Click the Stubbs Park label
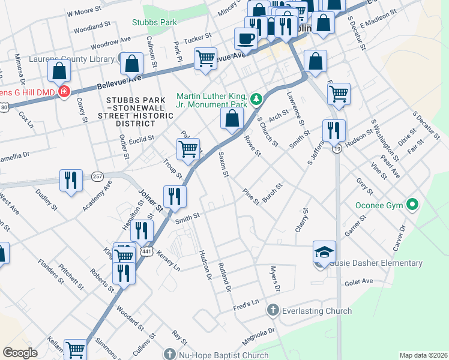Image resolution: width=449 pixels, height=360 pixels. coord(154,22)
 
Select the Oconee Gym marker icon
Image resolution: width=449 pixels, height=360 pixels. coord(412,205)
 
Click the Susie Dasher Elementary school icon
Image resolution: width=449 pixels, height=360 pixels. coord(324,252)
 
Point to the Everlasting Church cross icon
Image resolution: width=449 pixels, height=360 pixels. coord(273,310)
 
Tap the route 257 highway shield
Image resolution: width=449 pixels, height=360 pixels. coord(98,176)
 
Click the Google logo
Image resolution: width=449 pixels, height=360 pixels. coord(20,353)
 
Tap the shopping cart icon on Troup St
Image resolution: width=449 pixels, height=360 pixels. coord(188,148)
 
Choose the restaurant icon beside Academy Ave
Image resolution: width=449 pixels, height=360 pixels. coord(71,180)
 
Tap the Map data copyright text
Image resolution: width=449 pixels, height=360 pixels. coord(424,355)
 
